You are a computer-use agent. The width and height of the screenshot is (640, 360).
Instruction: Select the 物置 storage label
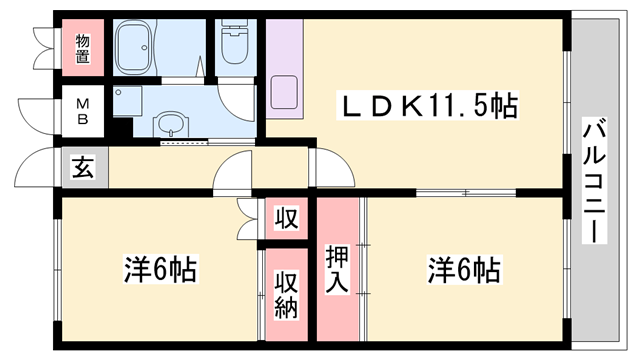click(x=83, y=48)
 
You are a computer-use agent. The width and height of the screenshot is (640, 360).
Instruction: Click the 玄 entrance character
click(x=83, y=167)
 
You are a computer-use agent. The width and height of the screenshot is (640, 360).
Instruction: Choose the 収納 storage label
click(x=287, y=296)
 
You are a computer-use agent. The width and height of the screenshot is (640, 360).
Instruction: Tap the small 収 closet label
click(x=287, y=218)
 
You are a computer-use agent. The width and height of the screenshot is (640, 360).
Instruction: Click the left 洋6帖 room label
click(x=159, y=270)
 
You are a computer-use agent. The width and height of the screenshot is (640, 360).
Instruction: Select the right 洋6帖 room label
click(x=464, y=270)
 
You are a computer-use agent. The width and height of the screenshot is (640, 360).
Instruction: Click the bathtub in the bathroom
click(x=145, y=48)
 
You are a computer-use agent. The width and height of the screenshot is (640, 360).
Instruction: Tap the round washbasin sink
click(x=171, y=126)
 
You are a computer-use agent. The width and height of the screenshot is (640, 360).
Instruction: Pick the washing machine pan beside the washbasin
click(x=129, y=100)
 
